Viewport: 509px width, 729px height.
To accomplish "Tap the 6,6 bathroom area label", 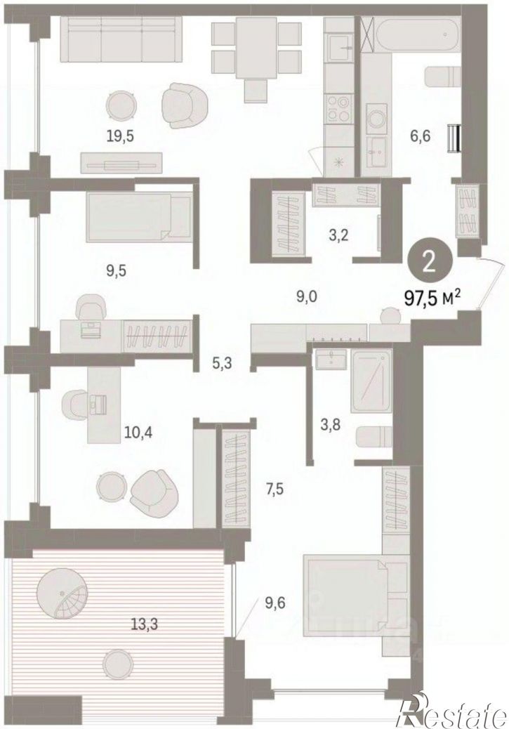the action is pyautogui.click(x=421, y=136).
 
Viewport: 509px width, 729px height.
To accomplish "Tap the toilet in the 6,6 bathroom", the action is pyautogui.click(x=442, y=77).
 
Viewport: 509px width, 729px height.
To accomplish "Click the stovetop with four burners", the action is pyautogui.click(x=339, y=108).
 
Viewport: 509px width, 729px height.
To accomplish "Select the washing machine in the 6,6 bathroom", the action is pyautogui.click(x=374, y=116).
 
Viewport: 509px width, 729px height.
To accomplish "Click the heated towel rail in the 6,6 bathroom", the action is pyautogui.click(x=454, y=138).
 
